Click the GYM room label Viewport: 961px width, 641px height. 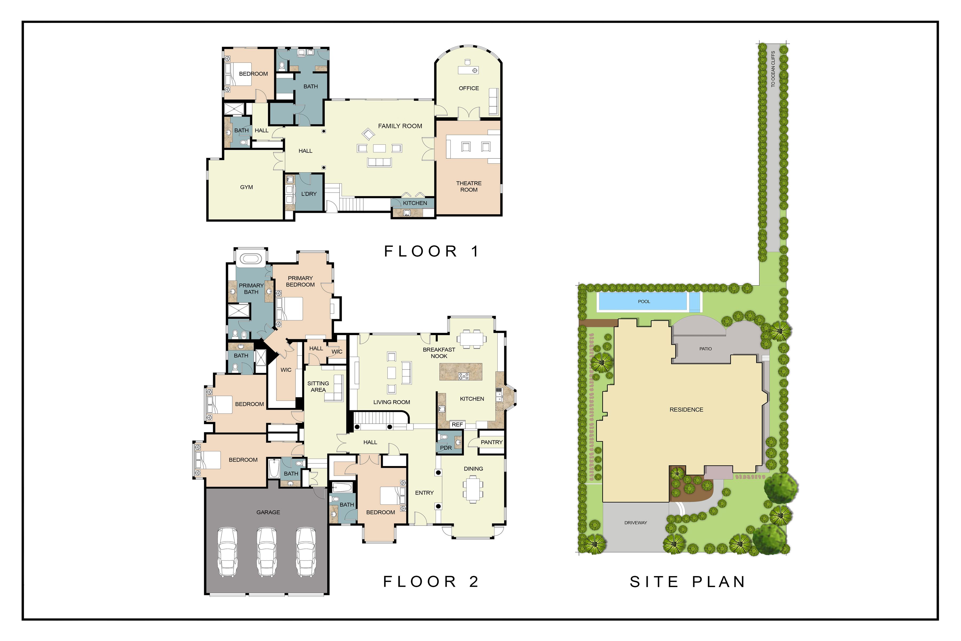point(246,187)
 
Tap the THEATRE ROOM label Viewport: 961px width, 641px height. point(469,186)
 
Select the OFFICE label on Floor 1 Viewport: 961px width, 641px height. point(469,88)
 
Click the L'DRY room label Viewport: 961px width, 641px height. point(309,194)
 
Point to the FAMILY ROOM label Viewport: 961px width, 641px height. point(400,126)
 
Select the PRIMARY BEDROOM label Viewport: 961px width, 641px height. point(300,281)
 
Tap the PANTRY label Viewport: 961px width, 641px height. point(491,442)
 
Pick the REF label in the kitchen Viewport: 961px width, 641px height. point(457,425)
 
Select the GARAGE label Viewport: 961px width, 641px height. point(268,512)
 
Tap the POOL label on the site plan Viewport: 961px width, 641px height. point(644,302)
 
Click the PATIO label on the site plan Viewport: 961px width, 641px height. point(705,349)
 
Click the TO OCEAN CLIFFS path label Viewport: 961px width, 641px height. point(773,69)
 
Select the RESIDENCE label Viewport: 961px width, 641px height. point(686,410)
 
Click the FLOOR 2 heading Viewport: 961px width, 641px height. point(431,581)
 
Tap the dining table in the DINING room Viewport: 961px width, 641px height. point(473,489)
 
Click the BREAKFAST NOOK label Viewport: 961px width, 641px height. point(439,353)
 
